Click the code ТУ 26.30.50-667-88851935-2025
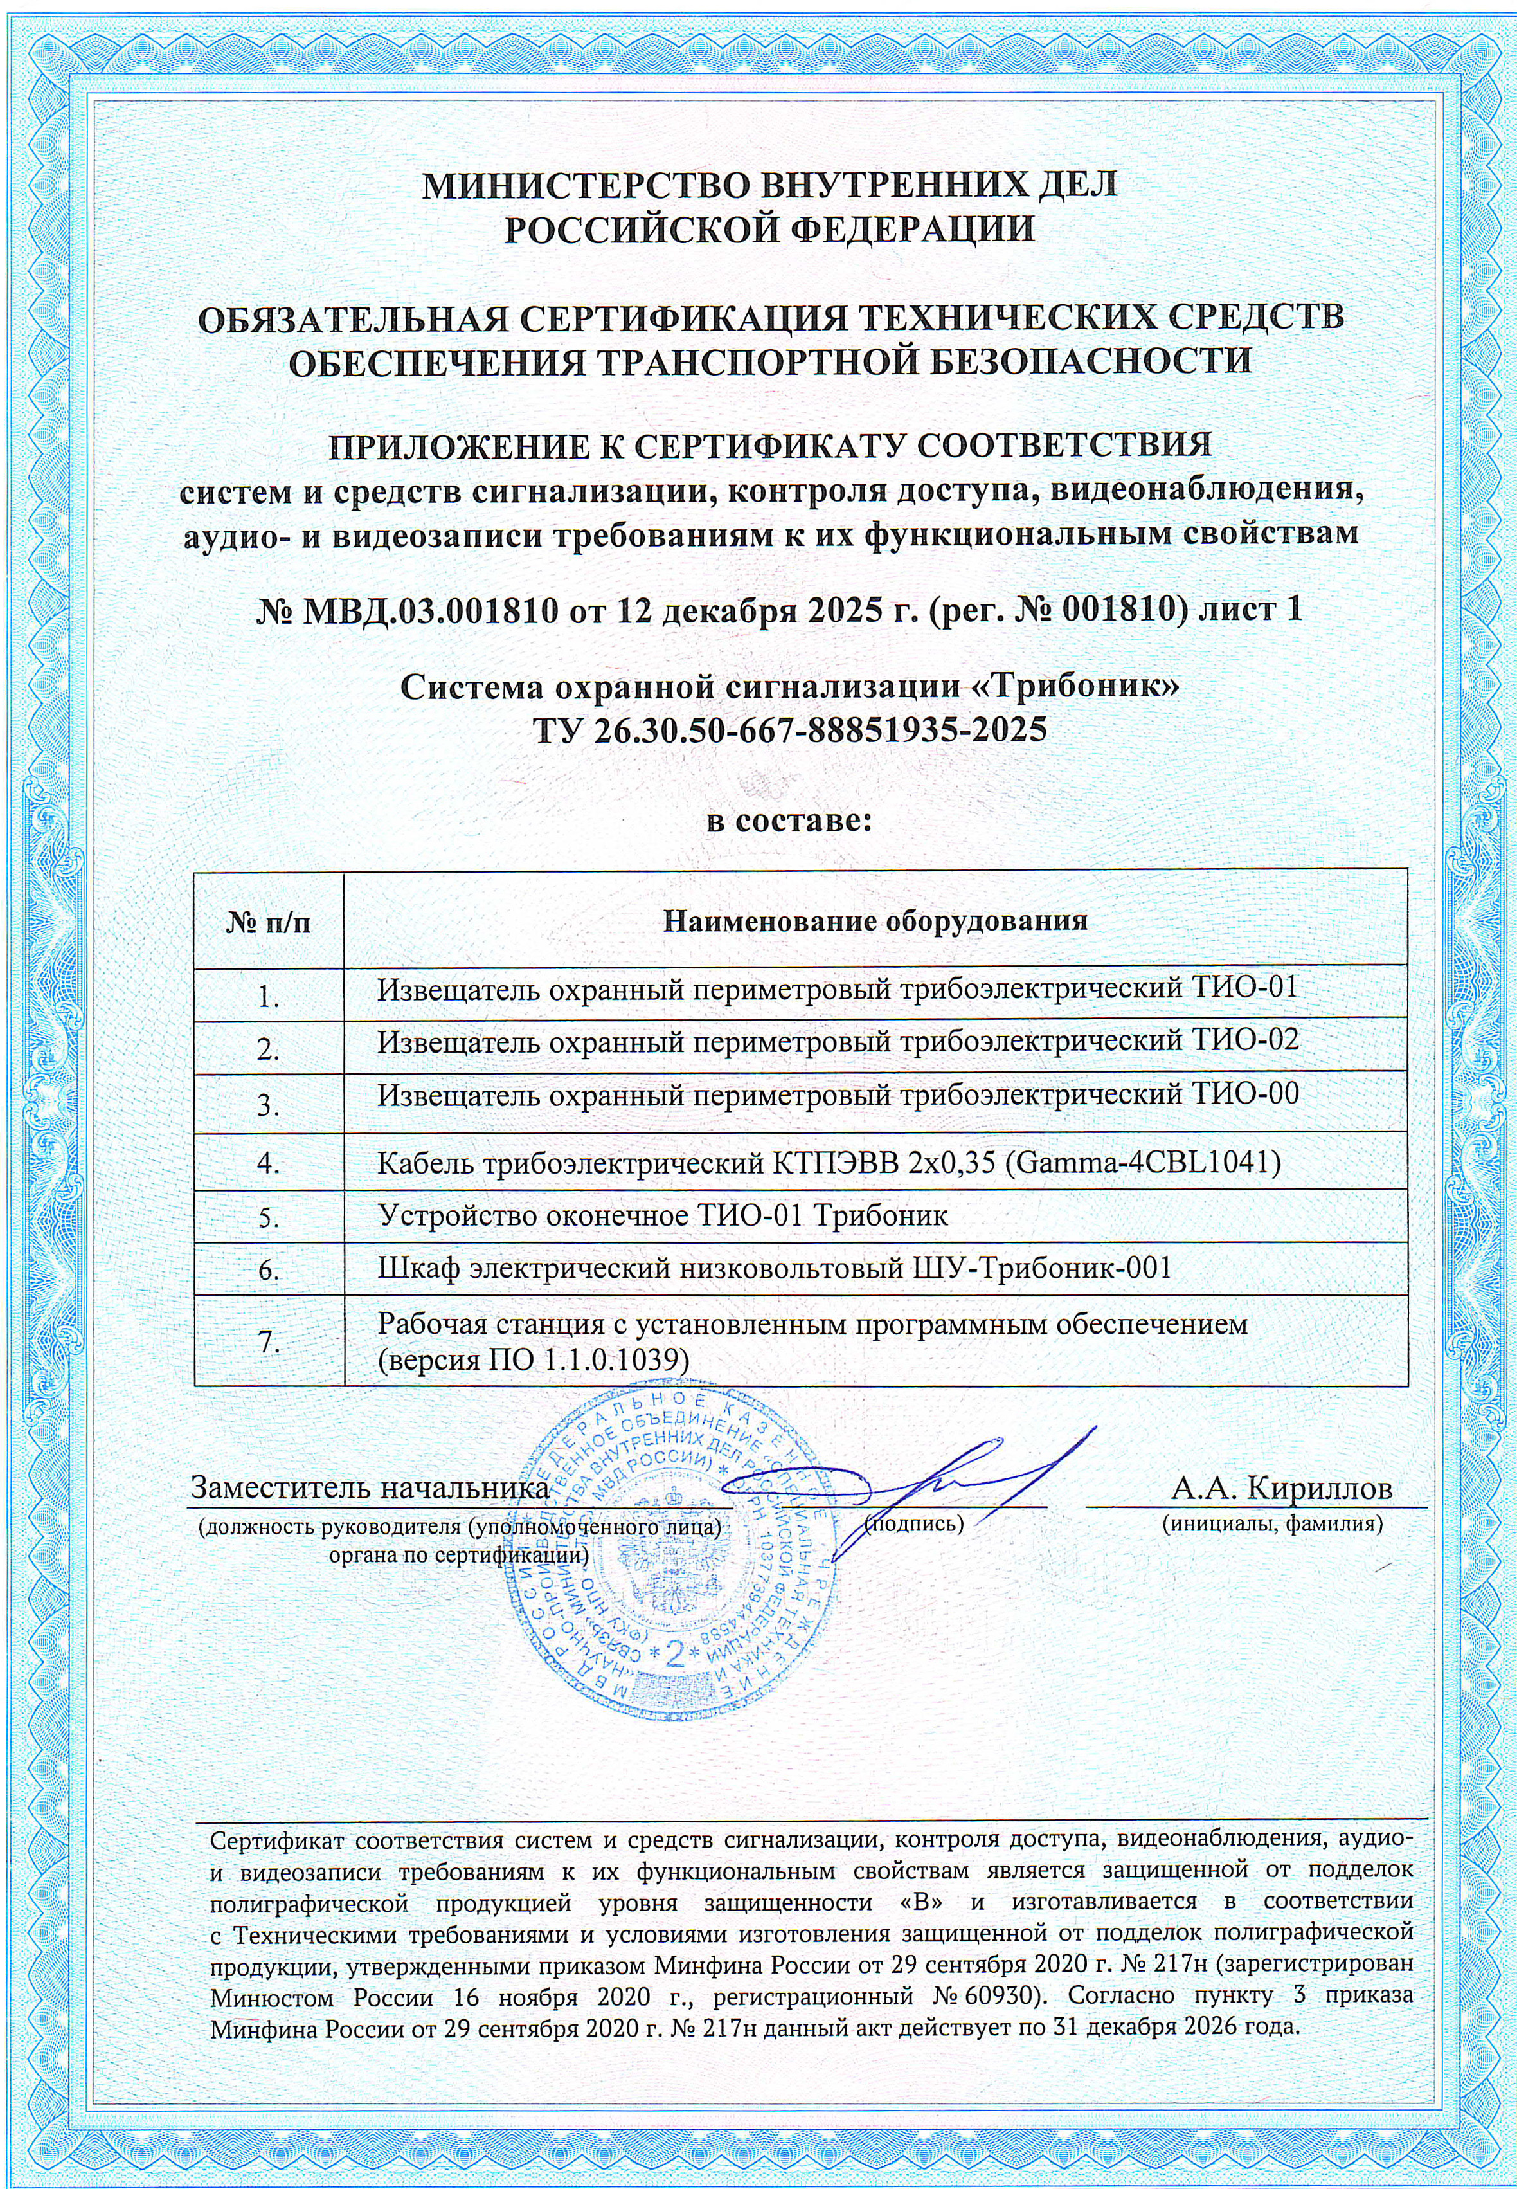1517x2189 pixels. (x=789, y=729)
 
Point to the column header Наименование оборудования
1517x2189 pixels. (x=874, y=920)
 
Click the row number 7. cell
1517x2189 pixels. (x=269, y=1341)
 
